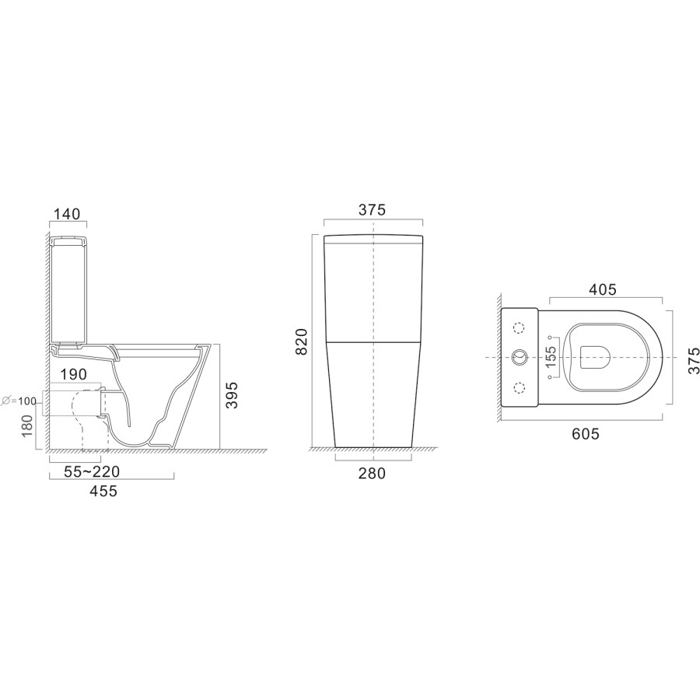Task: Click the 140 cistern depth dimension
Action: coord(67,214)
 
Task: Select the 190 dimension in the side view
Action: coord(74,374)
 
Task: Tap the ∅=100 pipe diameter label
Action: coord(19,400)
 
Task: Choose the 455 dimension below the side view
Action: coord(103,491)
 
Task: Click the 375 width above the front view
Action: coord(373,210)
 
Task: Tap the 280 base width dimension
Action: coord(373,472)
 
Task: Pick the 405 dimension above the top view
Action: coord(602,289)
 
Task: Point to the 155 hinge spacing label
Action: coord(551,357)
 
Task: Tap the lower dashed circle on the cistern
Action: coord(520,387)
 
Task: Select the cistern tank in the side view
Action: coord(69,288)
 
